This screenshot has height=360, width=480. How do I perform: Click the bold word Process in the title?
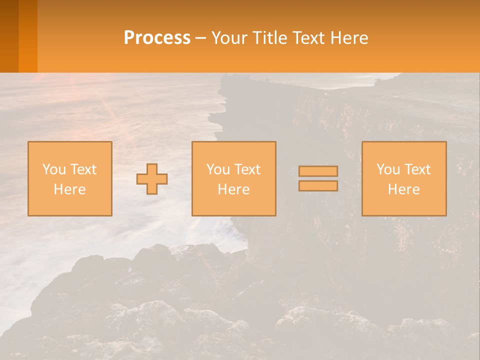point(157,37)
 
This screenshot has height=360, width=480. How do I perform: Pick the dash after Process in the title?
point(200,38)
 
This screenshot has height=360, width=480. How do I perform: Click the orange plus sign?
point(152,178)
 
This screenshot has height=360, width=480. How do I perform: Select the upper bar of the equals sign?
point(318,171)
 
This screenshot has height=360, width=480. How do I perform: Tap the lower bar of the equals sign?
point(318,186)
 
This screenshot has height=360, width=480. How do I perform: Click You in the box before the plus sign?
point(54,169)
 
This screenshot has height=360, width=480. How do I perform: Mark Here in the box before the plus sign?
point(69,189)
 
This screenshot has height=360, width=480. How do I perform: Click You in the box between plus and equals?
point(218,169)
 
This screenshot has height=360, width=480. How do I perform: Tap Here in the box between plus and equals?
point(233,189)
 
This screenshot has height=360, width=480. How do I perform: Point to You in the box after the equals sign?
point(388,169)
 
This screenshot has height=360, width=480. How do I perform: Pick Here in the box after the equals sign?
point(403,189)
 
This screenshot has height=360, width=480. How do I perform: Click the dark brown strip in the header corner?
point(9,36)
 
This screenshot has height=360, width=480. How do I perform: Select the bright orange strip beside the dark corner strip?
point(28,36)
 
